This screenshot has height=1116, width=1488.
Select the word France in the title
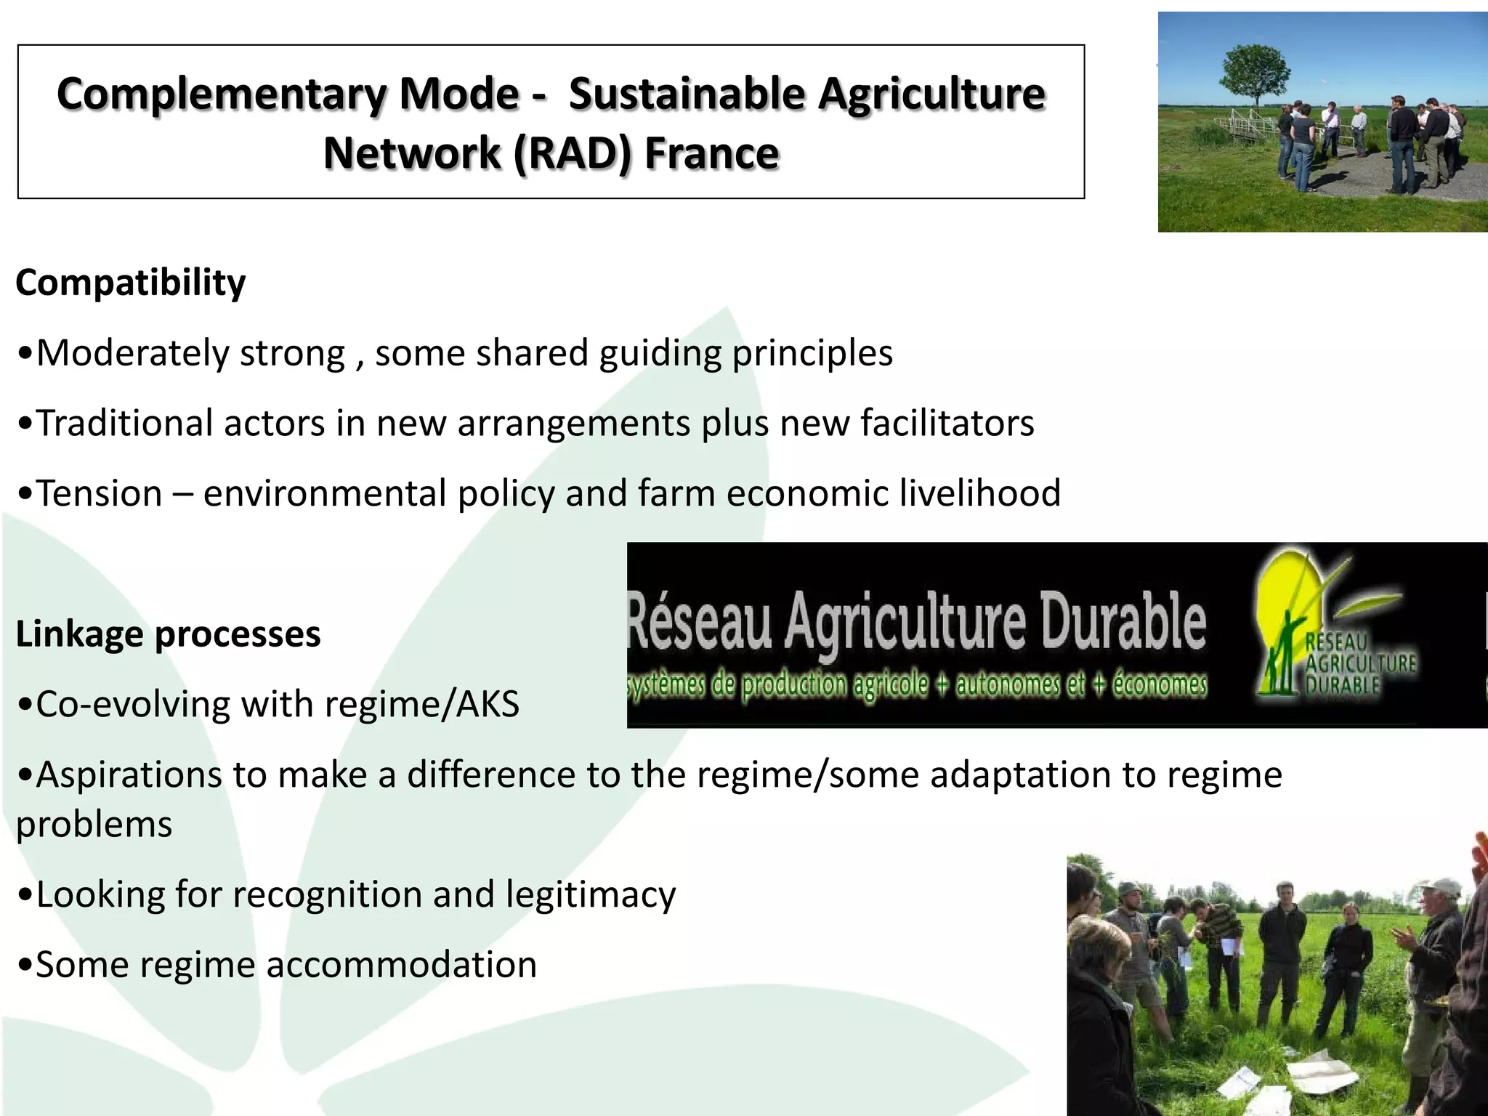[x=711, y=153]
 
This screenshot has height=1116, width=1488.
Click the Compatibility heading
[x=131, y=282]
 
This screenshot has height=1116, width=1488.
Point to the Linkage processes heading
[x=168, y=634]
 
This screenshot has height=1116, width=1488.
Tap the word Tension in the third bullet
[x=100, y=493]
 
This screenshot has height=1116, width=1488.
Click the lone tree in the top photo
[x=1255, y=73]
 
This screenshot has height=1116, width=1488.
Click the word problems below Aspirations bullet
[x=94, y=825]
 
